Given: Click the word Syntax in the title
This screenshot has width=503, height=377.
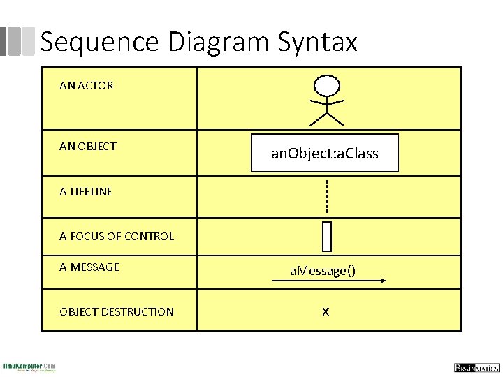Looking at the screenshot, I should [x=318, y=43].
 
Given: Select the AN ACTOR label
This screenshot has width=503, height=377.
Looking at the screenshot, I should [x=86, y=86].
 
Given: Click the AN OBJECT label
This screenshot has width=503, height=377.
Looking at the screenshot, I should [x=88, y=146].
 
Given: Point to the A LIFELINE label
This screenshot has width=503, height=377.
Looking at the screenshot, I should [x=86, y=191].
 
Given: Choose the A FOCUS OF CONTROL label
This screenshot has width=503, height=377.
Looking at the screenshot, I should [x=117, y=236].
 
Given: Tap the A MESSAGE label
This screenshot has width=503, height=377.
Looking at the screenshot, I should [x=89, y=267].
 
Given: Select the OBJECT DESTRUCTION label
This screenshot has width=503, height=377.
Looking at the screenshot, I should [x=117, y=311].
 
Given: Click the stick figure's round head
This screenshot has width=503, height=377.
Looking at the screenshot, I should [x=326, y=85].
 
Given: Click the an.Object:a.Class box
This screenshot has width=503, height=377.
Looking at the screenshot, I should [x=325, y=153].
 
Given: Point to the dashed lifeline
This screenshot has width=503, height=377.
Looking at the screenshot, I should [x=326, y=197].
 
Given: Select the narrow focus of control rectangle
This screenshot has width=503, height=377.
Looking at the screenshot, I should [x=326, y=236].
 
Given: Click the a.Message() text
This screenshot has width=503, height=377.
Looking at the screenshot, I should [x=323, y=270].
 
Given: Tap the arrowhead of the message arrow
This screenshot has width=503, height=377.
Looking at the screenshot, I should [x=383, y=281].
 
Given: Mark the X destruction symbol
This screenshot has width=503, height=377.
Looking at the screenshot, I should [x=326, y=311].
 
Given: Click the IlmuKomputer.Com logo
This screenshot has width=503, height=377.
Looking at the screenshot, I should [x=29, y=367].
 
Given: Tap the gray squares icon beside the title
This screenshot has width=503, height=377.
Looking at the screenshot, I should [x=17, y=41].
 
